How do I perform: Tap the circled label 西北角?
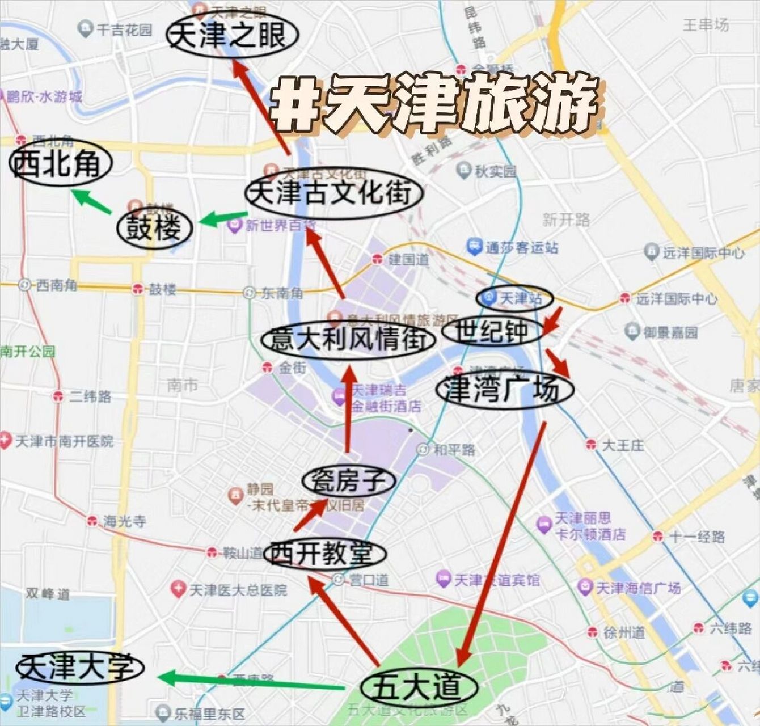pos(60,163)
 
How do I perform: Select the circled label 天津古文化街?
pos(335,193)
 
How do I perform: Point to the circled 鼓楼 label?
pos(154,228)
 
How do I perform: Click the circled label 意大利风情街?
pos(348,340)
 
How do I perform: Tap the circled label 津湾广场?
pos(504,390)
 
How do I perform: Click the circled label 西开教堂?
pos(324,554)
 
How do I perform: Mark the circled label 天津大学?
pos(79,668)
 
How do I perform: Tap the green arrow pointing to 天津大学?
pos(250,681)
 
